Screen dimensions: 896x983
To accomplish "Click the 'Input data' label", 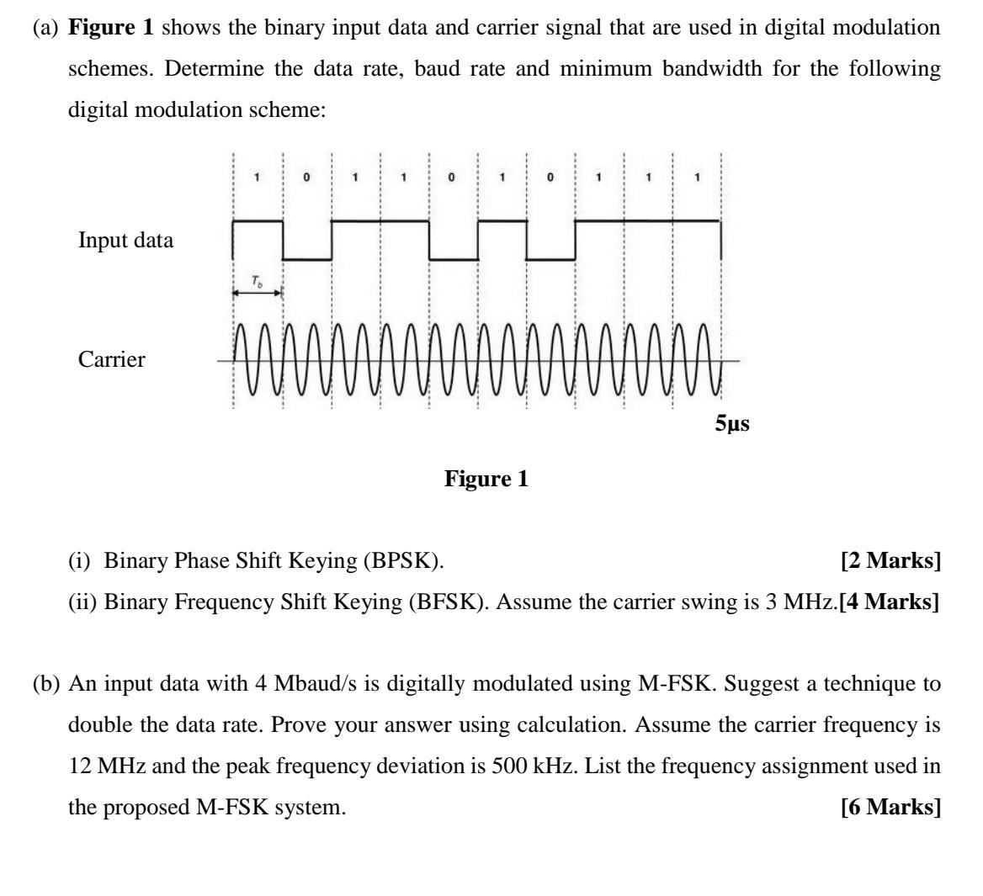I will pos(125,241).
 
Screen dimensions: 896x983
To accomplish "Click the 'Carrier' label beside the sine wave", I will pos(111,360).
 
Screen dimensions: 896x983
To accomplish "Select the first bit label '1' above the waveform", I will pos(258,178).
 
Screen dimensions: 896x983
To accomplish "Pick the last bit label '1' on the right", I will pos(697,178).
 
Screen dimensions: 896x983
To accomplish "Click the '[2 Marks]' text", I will pos(890,561).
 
